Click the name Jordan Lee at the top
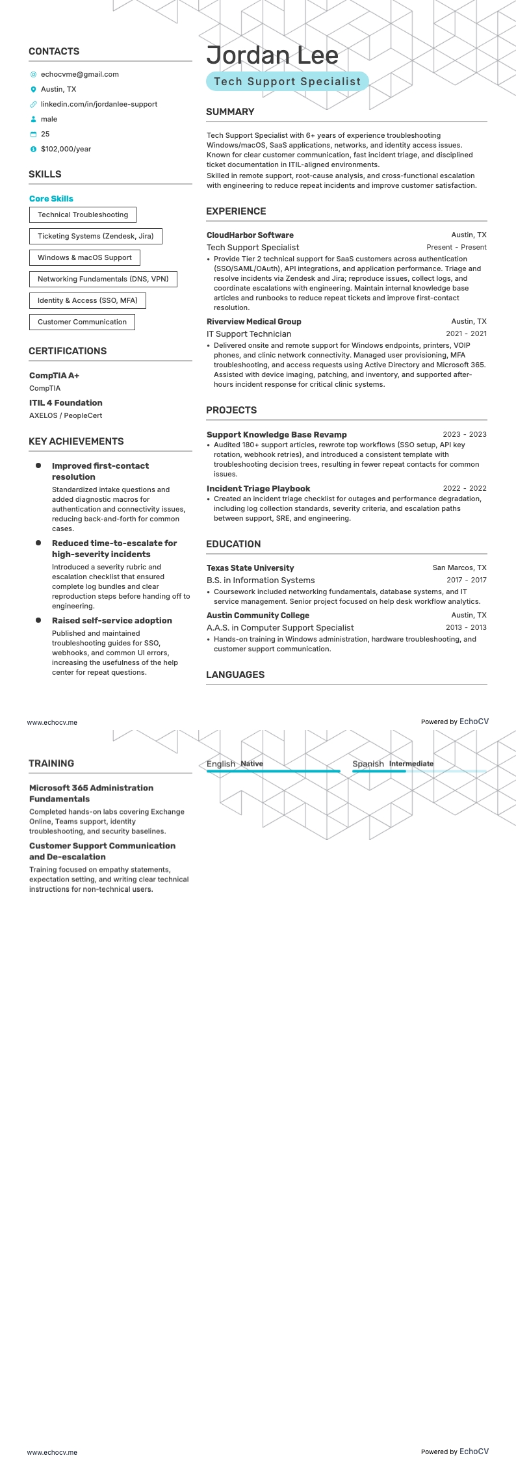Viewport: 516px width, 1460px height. click(x=272, y=56)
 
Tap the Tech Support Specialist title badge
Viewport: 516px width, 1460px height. click(x=287, y=82)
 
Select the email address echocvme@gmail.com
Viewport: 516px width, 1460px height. click(x=79, y=74)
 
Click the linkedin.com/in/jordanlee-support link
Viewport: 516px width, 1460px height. click(x=99, y=104)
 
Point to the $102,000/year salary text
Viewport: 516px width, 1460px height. click(x=66, y=149)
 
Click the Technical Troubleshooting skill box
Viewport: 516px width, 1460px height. click(x=83, y=215)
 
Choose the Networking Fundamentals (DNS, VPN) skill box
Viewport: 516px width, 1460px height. click(x=103, y=279)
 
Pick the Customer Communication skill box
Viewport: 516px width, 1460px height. click(x=82, y=322)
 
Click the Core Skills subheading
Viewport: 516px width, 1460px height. click(x=51, y=199)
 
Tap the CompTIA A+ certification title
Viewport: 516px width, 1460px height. click(x=54, y=376)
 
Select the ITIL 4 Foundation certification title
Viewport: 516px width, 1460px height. click(x=66, y=403)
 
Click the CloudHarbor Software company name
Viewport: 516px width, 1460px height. click(x=250, y=235)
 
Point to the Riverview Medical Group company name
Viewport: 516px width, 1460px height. click(x=253, y=322)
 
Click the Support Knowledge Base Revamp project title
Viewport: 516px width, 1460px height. click(x=276, y=435)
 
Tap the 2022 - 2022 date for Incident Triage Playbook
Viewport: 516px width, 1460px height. click(x=464, y=488)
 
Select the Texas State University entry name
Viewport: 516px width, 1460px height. click(x=250, y=568)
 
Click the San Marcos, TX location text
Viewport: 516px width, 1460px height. click(x=459, y=568)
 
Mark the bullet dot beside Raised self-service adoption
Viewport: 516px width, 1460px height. click(x=38, y=620)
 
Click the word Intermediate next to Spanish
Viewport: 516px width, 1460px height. click(x=411, y=764)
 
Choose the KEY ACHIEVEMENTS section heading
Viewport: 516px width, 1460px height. click(x=75, y=441)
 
